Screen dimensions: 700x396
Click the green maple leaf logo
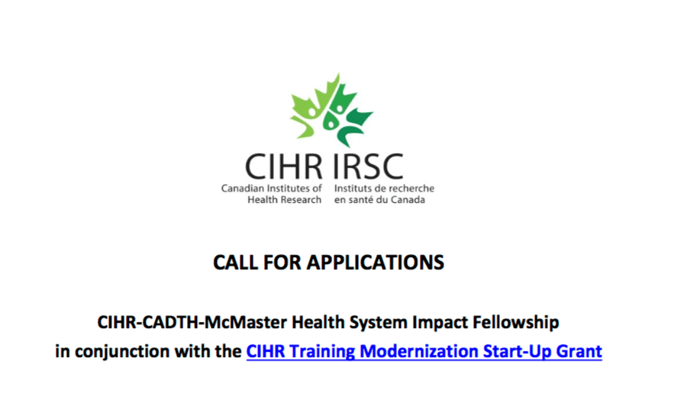[331, 111]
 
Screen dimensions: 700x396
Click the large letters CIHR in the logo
[283, 167]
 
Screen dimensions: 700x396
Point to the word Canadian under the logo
[240, 188]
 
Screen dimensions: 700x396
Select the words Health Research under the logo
[285, 200]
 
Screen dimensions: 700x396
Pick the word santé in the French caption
[360, 200]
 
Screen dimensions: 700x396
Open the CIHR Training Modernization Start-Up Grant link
[424, 352]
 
